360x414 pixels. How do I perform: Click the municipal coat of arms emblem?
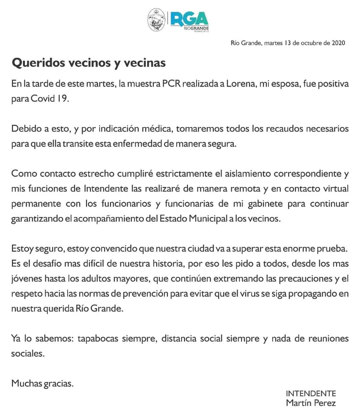[x=156, y=20]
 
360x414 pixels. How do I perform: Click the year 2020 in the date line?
[x=338, y=43]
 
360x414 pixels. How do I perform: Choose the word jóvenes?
[x=28, y=279]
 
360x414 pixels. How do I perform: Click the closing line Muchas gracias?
[x=42, y=383]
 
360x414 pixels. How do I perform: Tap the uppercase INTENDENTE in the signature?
[x=311, y=394]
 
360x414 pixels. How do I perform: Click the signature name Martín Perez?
[x=311, y=403]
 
